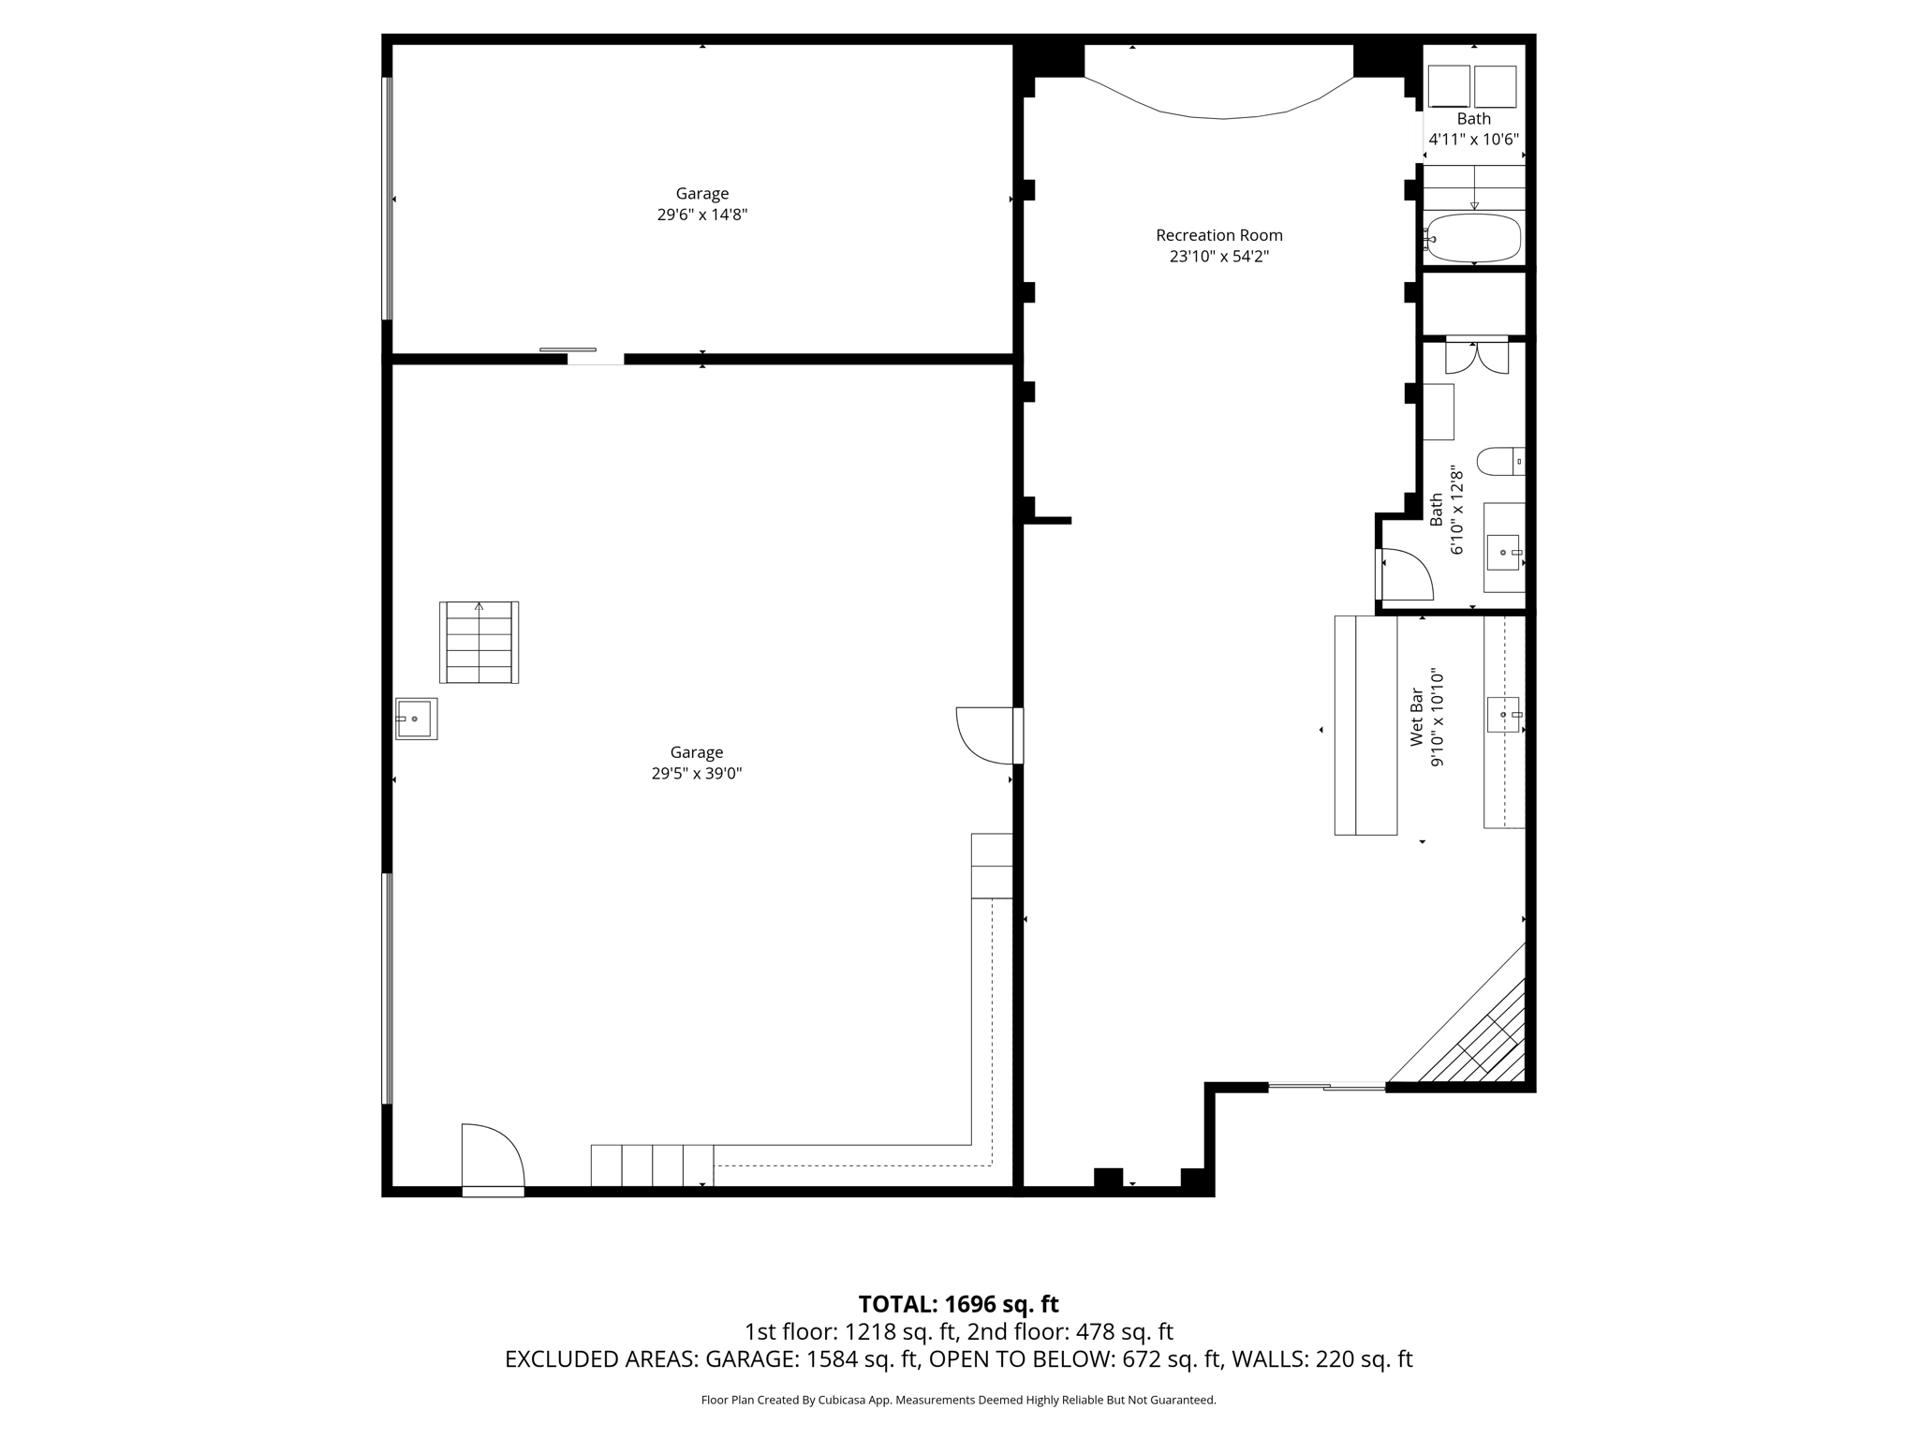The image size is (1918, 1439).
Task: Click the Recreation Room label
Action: [x=1218, y=235]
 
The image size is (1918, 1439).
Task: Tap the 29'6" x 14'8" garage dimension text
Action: [x=701, y=215]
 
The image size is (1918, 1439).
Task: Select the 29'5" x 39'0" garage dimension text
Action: [x=696, y=774]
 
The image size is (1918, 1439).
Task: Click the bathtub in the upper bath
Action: [x=1473, y=238]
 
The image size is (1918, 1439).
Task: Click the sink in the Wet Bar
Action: [x=1502, y=715]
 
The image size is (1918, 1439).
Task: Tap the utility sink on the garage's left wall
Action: [x=416, y=719]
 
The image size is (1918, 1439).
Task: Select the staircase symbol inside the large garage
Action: [x=479, y=643]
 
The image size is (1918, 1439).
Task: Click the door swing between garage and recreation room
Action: [x=983, y=735]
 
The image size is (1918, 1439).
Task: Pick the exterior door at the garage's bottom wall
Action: [x=493, y=1160]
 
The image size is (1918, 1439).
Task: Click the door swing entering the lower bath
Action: [x=1407, y=575]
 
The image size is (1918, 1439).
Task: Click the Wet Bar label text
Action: [x=1417, y=718]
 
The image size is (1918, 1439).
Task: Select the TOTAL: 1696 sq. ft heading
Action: [x=958, y=1304]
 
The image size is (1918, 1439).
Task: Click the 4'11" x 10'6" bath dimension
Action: [x=1473, y=140]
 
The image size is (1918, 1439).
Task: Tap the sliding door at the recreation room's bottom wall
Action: [x=1326, y=1087]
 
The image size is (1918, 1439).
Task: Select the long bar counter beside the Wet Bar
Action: [x=1365, y=725]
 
